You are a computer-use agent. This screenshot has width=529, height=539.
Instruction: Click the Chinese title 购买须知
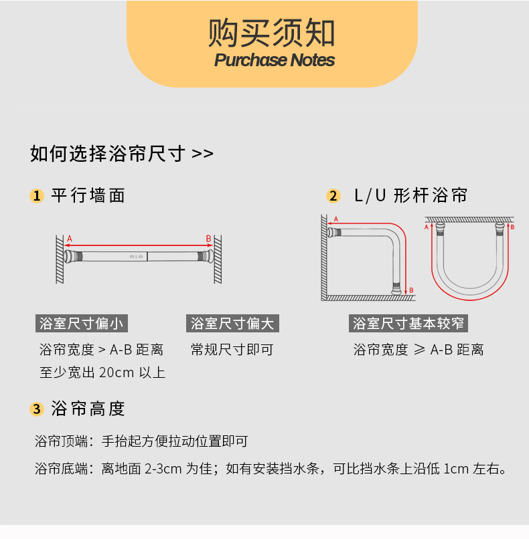[272, 31]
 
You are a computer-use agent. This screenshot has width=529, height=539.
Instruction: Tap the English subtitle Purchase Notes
[275, 60]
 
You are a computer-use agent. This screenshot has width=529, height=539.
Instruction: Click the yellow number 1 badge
[37, 196]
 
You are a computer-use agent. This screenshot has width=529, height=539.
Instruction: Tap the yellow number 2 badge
[333, 196]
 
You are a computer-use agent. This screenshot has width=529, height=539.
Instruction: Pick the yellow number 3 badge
[37, 409]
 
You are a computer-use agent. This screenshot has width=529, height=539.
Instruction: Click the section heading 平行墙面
[88, 195]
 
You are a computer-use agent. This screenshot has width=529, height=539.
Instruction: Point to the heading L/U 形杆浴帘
[410, 195]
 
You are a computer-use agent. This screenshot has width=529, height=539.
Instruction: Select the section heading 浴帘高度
[88, 409]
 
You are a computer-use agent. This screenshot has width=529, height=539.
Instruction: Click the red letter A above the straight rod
[69, 238]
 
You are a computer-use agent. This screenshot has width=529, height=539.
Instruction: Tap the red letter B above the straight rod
[208, 238]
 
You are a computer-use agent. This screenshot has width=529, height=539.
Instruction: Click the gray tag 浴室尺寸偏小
[81, 324]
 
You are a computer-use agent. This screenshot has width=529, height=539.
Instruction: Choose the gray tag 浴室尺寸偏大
[232, 324]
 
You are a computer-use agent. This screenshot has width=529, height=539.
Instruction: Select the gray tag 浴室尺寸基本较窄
[409, 324]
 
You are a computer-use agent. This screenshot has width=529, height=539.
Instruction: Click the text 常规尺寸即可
[232, 350]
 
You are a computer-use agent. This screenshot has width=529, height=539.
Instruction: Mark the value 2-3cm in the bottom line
[163, 469]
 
